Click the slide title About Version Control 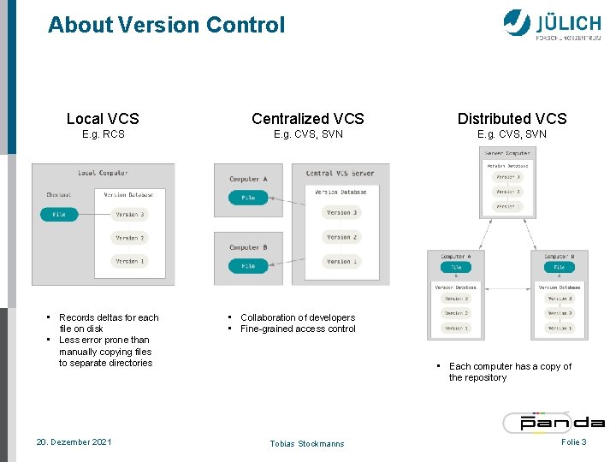click(x=166, y=25)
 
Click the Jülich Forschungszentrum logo click(x=552, y=24)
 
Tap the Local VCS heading click(x=103, y=119)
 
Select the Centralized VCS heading click(x=307, y=119)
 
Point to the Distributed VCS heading click(x=512, y=119)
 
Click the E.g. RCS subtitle click(x=103, y=134)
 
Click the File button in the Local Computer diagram click(x=59, y=214)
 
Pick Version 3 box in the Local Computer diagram click(x=130, y=214)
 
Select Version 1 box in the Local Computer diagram click(x=130, y=260)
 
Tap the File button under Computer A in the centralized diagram click(x=248, y=198)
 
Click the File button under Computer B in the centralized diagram click(x=248, y=266)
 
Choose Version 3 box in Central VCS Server click(x=342, y=212)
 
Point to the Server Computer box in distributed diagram click(x=507, y=182)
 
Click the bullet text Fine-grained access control click(x=298, y=329)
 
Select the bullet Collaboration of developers click(x=297, y=317)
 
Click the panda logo click(x=554, y=421)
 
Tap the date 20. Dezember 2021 click(x=74, y=441)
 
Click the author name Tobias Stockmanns click(x=308, y=443)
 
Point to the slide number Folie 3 click(x=573, y=441)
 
